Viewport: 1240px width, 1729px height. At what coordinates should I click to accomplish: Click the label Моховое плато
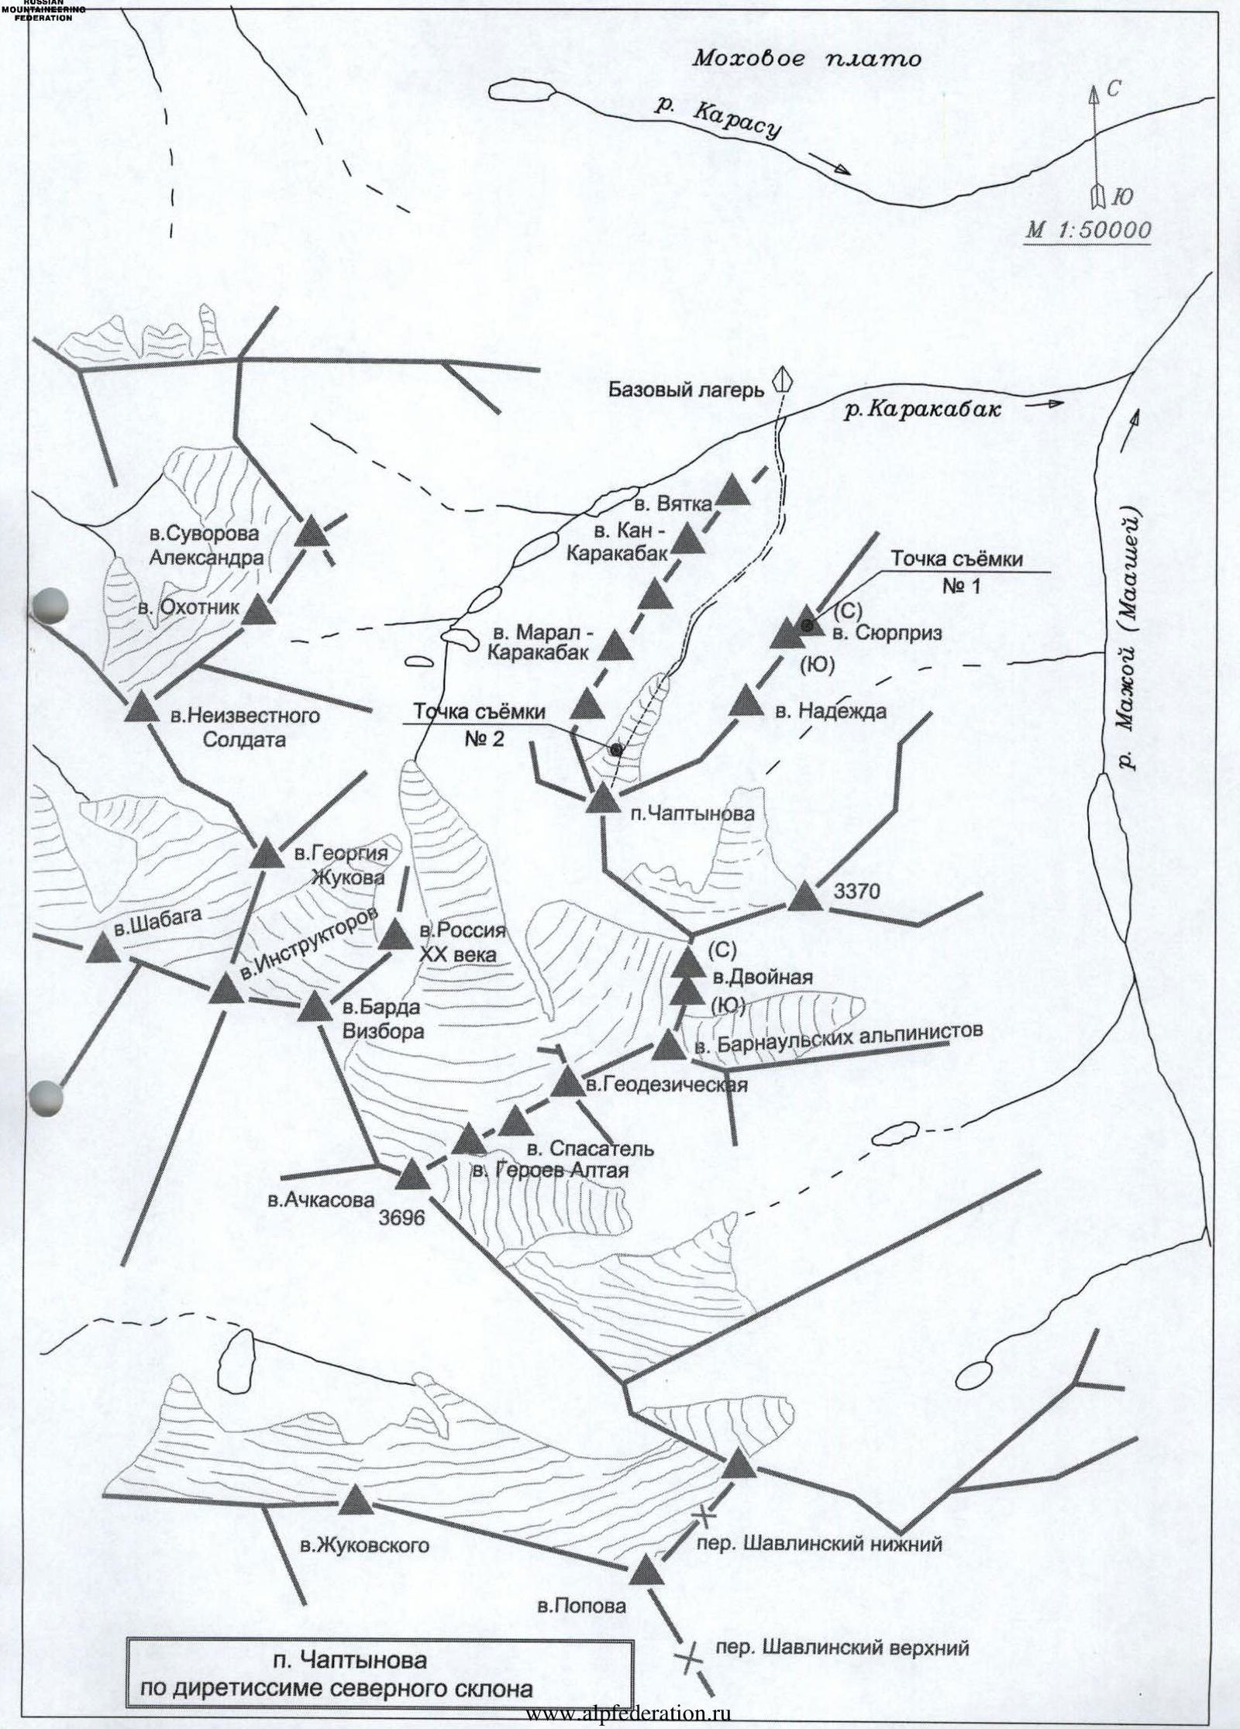click(x=807, y=58)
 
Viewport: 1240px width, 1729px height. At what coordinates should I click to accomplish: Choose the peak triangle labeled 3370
click(x=806, y=897)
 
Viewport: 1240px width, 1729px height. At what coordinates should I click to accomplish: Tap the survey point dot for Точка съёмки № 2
click(x=616, y=749)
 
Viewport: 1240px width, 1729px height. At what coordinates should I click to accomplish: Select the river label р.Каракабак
click(x=923, y=411)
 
